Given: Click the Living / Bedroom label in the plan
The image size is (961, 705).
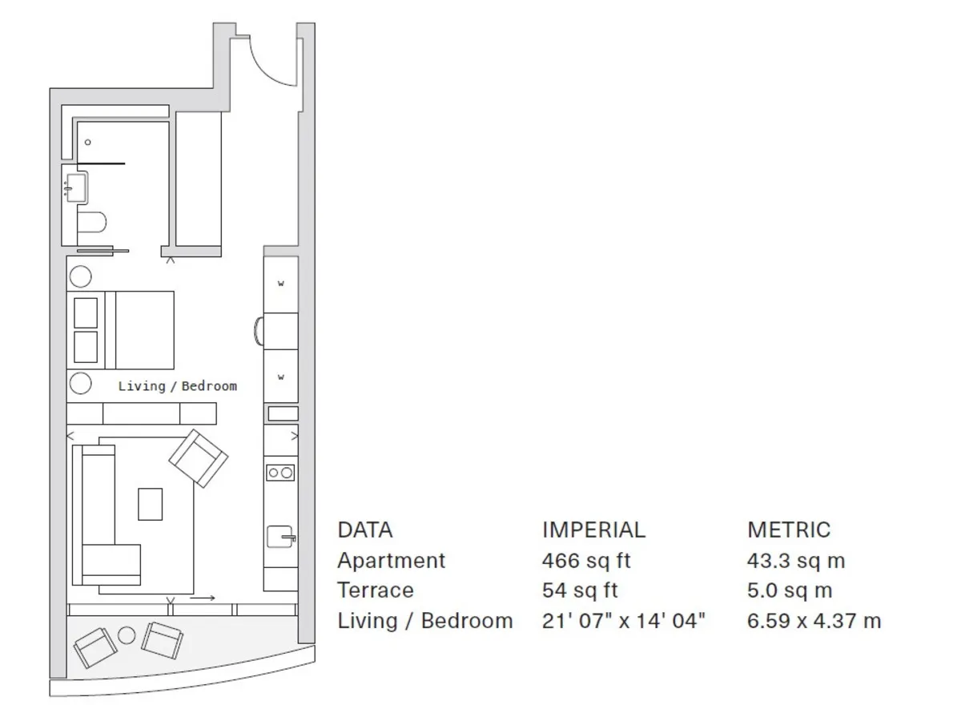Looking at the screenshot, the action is coord(177,386).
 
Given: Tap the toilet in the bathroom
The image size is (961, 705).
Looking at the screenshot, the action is coord(92,222).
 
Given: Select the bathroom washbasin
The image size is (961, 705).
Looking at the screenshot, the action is coord(76,187).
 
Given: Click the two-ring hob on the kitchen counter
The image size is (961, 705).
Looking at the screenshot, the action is coord(280,473).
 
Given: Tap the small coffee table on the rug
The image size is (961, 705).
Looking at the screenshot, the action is coord(151,504).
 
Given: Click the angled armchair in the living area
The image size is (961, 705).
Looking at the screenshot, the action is coord(199,458).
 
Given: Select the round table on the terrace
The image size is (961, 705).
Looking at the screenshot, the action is coord(127,635).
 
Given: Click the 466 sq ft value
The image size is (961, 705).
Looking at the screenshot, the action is coord(586,561).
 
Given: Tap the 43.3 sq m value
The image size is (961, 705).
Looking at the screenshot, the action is coord(796,561).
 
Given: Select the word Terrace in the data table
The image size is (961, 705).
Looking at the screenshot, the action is coord(376,590).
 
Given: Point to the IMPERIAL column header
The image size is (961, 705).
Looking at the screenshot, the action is coord(593,530).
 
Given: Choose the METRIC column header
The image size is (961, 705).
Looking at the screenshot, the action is coord(789,530).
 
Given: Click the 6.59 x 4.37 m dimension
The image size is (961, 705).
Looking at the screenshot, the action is coord(814,621).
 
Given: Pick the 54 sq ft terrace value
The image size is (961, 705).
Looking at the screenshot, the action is coord(580,590).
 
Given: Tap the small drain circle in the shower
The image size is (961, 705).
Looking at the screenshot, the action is coord(88,142).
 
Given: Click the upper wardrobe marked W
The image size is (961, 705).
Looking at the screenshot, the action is coord(281,284).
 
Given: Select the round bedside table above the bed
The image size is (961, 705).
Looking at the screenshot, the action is coord(80,276).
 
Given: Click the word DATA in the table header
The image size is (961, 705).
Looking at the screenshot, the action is coord(365,530).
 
